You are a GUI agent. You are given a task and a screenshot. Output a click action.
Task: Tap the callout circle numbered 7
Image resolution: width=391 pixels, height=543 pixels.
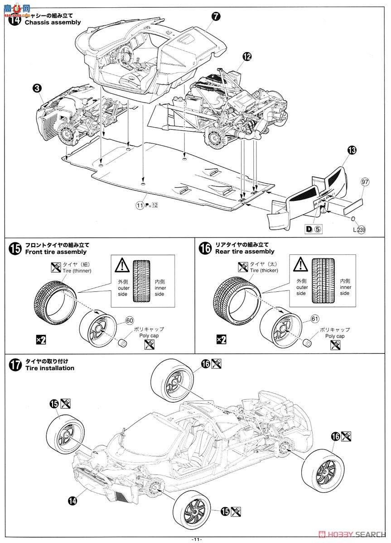point(216,16)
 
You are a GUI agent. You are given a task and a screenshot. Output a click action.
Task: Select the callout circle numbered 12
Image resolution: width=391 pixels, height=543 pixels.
point(246,57)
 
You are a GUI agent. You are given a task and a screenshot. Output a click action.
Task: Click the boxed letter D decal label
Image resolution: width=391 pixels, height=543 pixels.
point(309,229)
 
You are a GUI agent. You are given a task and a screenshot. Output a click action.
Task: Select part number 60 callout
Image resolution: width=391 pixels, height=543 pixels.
point(130,321)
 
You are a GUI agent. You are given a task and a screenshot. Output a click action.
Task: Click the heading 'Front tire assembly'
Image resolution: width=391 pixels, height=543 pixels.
point(56,252)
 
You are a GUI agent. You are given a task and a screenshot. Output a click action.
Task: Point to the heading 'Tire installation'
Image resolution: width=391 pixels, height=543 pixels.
point(50,368)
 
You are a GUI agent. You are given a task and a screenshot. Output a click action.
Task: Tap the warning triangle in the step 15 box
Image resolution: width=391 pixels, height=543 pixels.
point(122,264)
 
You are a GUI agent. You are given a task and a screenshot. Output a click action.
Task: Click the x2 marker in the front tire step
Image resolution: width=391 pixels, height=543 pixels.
point(41,339)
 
